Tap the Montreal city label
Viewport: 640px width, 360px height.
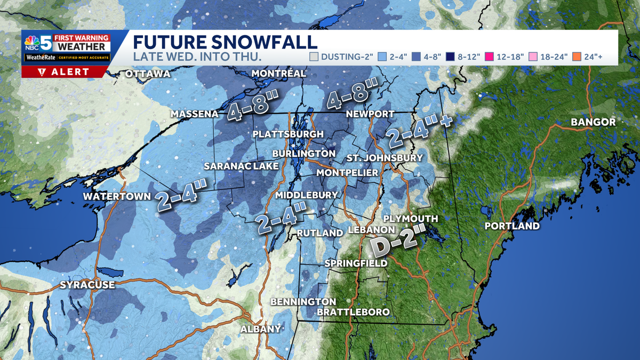(278, 73)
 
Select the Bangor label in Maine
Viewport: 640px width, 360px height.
(593, 122)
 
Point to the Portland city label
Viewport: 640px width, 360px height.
(512, 226)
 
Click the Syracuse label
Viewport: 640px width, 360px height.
(87, 285)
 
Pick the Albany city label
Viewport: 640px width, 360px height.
(260, 329)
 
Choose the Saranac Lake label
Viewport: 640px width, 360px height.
(241, 166)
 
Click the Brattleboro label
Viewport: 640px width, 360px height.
(353, 311)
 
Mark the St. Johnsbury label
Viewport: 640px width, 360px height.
(385, 158)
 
